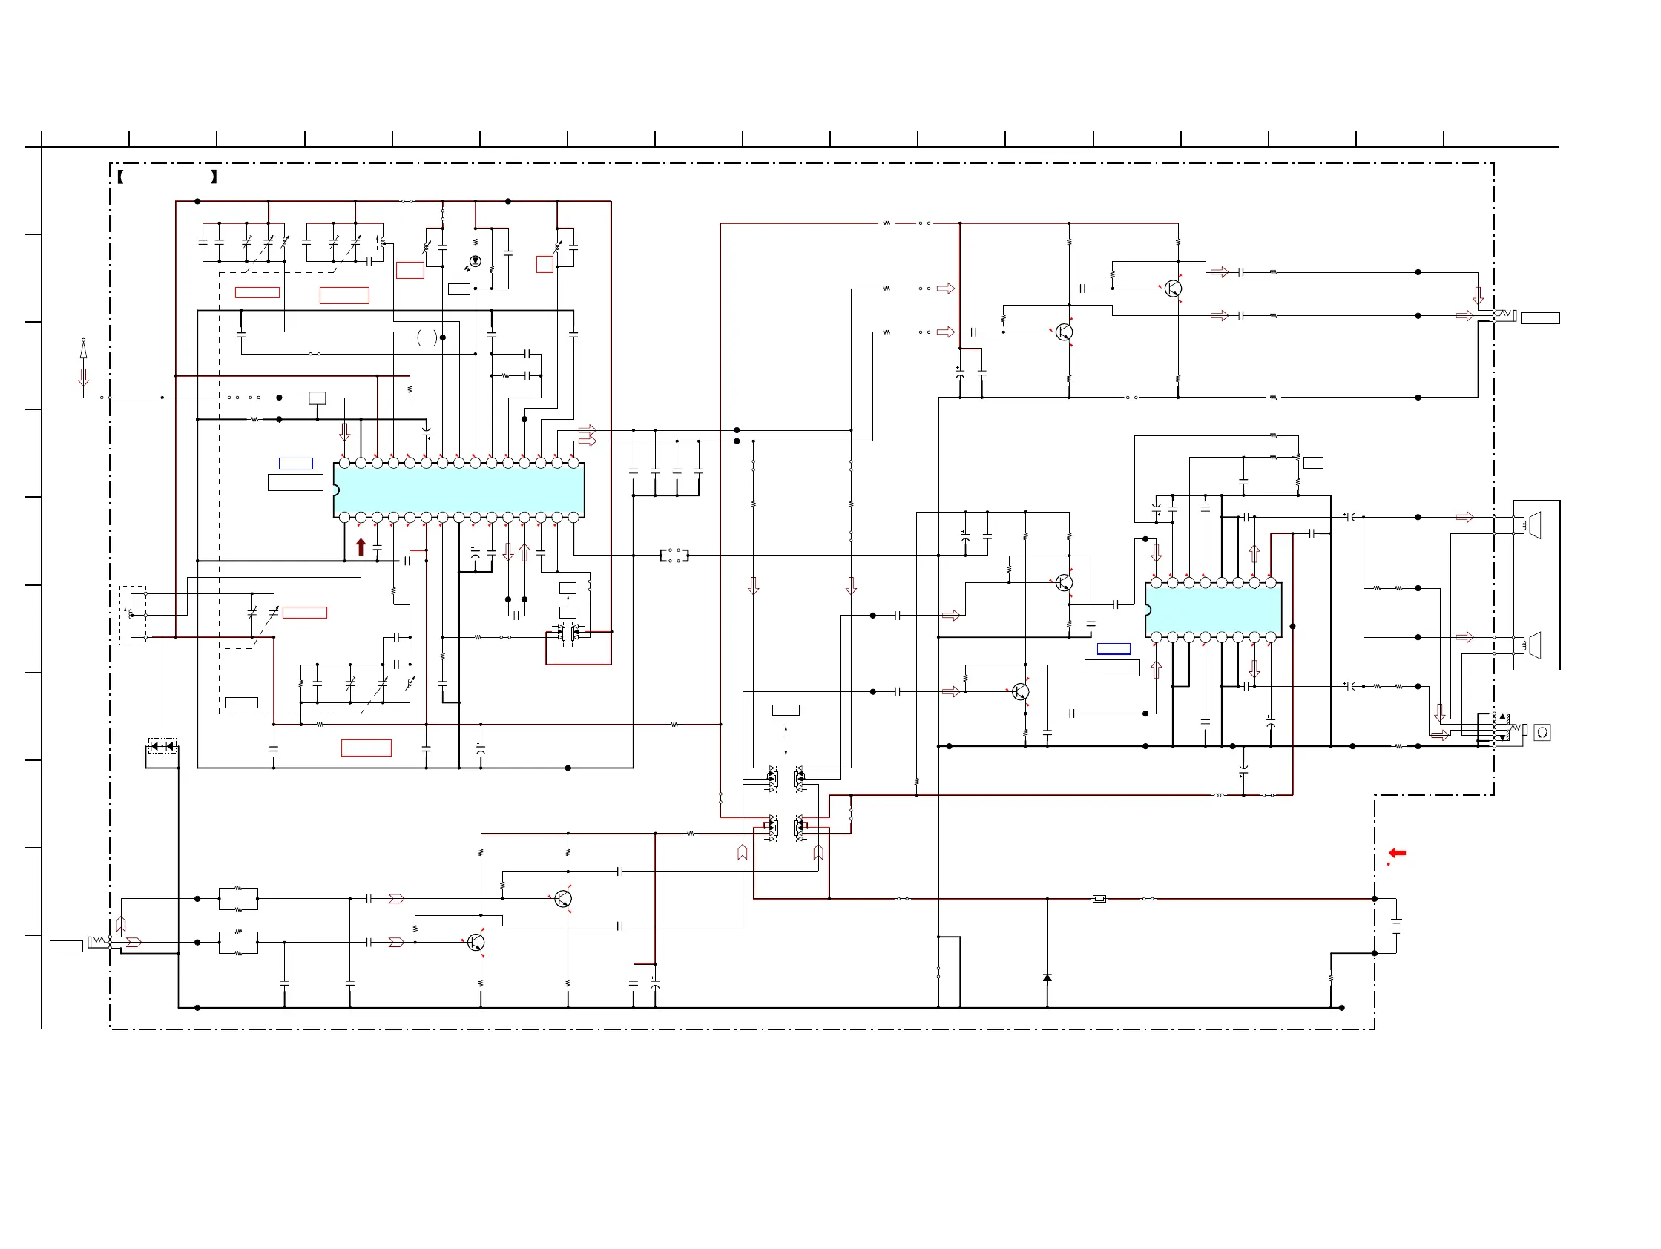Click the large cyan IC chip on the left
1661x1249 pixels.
458,490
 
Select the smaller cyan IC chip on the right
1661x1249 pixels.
1213,610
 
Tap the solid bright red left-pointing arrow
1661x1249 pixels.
1397,853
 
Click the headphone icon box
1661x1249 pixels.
1542,733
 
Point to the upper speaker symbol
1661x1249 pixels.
1534,524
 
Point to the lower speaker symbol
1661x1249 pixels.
1534,645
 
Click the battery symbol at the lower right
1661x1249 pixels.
1396,926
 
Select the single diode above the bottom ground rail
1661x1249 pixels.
1047,978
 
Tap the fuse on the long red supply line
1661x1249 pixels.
1099,898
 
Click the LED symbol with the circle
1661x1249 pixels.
475,261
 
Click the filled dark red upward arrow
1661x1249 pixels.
361,547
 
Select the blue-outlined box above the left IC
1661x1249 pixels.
296,463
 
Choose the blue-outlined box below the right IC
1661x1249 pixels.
1113,648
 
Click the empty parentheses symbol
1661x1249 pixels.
427,337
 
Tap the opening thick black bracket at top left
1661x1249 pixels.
120,177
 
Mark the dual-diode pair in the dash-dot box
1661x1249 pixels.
162,745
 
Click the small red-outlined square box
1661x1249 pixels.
545,264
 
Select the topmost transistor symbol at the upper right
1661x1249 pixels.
1172,289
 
